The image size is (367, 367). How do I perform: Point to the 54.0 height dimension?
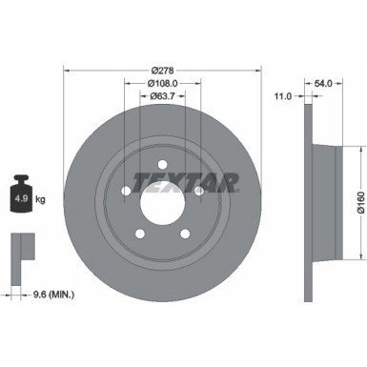click(324, 84)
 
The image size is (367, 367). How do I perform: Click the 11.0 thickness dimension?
click(282, 97)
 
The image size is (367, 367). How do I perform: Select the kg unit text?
click(41, 200)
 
